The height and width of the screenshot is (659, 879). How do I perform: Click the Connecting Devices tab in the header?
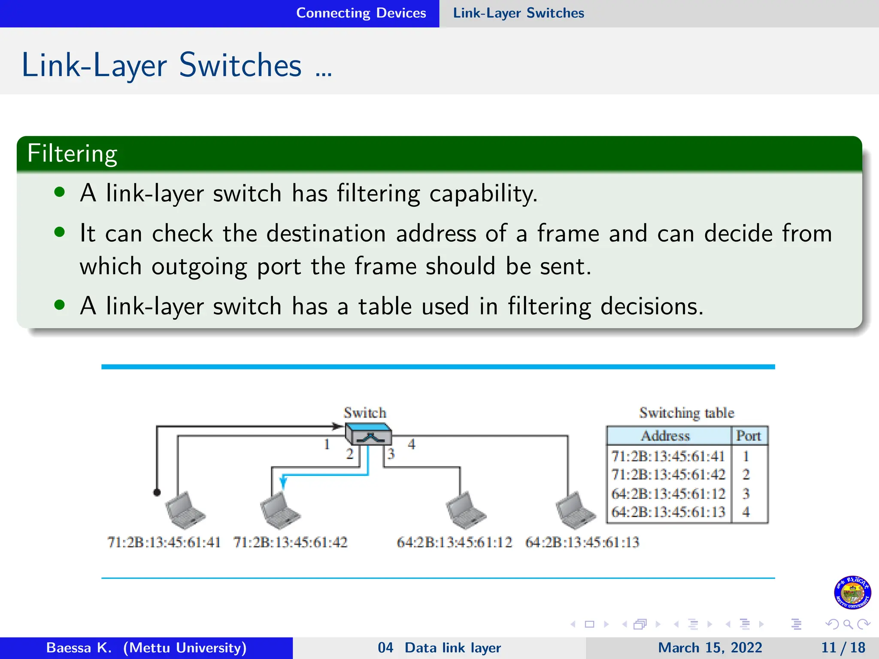click(x=361, y=13)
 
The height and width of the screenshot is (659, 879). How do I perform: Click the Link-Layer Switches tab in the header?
click(x=518, y=13)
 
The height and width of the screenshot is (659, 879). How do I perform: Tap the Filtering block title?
click(x=72, y=154)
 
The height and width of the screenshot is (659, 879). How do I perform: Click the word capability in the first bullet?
click(x=482, y=193)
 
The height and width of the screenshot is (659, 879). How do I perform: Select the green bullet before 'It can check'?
click(x=60, y=233)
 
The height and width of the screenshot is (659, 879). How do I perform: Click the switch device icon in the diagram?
click(x=369, y=434)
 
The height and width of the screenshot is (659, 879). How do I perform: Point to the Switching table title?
click(x=686, y=413)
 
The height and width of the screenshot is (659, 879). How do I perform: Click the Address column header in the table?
click(x=665, y=436)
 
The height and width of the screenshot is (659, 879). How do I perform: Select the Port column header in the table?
click(x=748, y=436)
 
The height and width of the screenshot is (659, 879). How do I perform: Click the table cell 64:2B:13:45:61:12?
click(x=668, y=494)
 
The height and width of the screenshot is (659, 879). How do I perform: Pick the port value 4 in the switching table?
click(x=746, y=512)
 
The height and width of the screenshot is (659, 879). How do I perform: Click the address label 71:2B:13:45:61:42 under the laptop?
click(x=290, y=542)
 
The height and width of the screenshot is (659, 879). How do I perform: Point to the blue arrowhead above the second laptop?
click(x=283, y=483)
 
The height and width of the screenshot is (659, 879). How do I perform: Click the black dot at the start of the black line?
click(x=157, y=493)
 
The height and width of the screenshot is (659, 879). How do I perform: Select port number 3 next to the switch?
click(x=391, y=453)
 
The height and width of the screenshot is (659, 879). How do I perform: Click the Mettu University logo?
click(x=852, y=592)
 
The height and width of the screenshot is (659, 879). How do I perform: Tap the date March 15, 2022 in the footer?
click(x=710, y=647)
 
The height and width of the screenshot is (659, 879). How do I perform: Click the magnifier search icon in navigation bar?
click(x=848, y=624)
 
